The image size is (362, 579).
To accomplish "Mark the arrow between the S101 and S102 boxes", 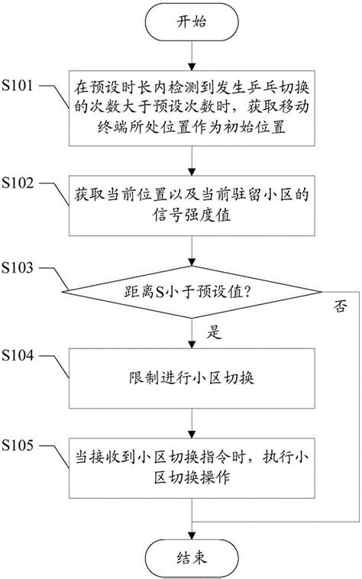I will tap(187, 163).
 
